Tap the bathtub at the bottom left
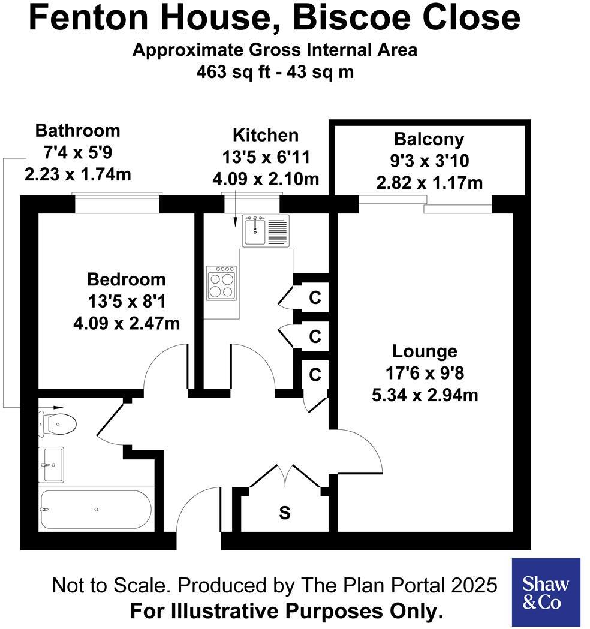[96, 510]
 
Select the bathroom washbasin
[52, 464]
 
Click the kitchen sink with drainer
[266, 230]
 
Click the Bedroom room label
[126, 279]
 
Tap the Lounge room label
[425, 351]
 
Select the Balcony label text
[429, 139]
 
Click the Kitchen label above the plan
[265, 135]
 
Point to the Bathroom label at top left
[77, 130]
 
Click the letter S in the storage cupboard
[285, 513]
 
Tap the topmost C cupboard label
[315, 298]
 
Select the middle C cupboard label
[315, 336]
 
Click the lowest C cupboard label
[315, 375]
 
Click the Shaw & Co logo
[546, 592]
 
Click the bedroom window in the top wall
[117, 203]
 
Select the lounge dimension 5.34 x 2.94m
[425, 395]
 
